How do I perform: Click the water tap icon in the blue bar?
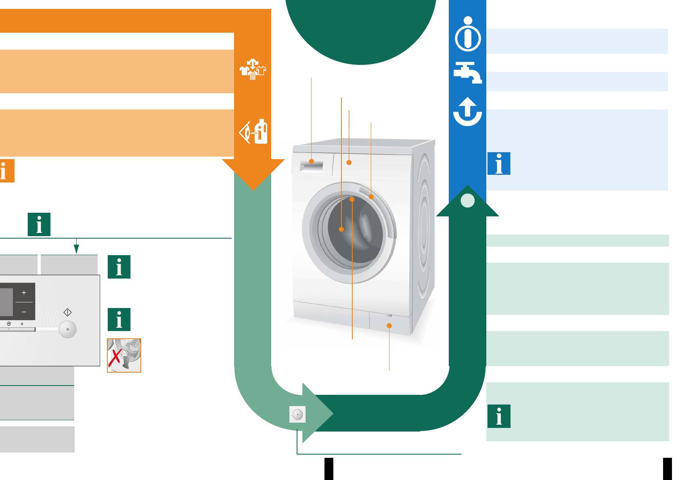pyautogui.click(x=467, y=73)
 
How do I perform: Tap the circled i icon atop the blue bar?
pyautogui.click(x=468, y=34)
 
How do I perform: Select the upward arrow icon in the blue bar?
pyautogui.click(x=467, y=111)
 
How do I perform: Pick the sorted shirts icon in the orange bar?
pyautogui.click(x=253, y=69)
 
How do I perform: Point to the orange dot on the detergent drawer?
pyautogui.click(x=312, y=161)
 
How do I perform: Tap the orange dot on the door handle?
pyautogui.click(x=371, y=197)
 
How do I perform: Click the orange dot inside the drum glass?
pyautogui.click(x=341, y=229)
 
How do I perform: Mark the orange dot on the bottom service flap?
pyautogui.click(x=389, y=325)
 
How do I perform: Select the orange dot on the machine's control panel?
pyautogui.click(x=349, y=163)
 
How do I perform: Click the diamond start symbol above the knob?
pyautogui.click(x=67, y=312)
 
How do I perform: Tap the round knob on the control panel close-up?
pyautogui.click(x=67, y=329)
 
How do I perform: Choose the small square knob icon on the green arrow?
pyautogui.click(x=297, y=415)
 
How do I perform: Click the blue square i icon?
pyautogui.click(x=499, y=163)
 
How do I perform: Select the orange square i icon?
pyautogui.click(x=6, y=171)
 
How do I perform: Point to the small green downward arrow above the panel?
pyautogui.click(x=76, y=248)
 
